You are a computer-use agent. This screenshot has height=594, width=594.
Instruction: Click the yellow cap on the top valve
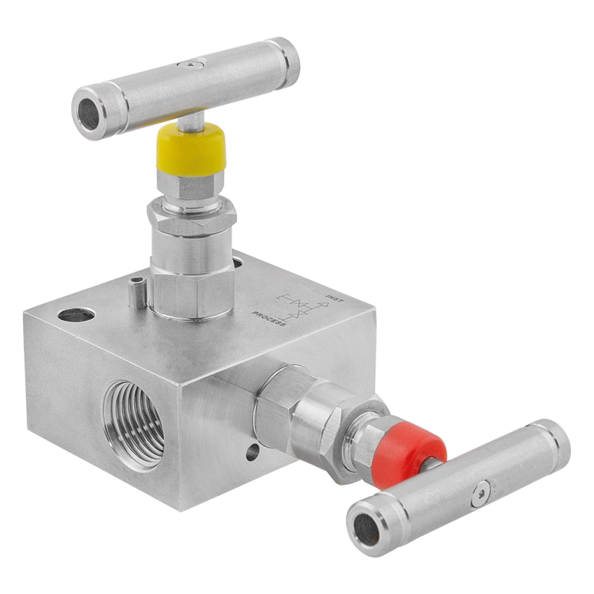coord(191,148)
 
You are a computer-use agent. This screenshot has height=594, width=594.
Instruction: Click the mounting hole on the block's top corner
coord(76,315)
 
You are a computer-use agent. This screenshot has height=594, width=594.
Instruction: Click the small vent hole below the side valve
coord(252,451)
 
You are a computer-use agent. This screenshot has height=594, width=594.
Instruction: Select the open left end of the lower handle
coord(365,529)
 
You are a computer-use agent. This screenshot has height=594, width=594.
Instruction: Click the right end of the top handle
coord(286,62)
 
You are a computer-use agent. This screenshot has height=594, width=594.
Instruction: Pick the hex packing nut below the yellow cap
coord(191,215)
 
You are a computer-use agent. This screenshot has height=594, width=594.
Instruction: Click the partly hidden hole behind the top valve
coord(238,262)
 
